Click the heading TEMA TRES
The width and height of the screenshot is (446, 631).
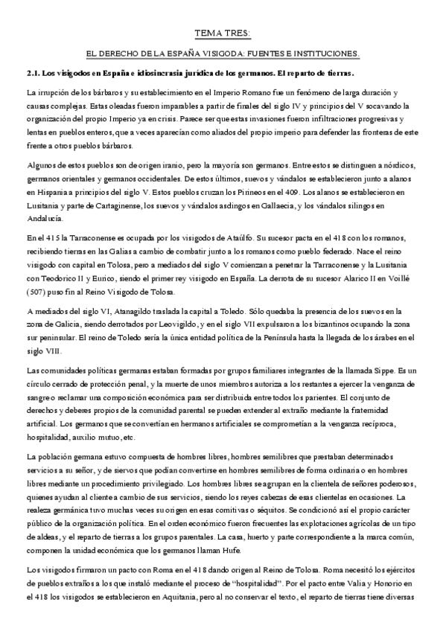[223, 33]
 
